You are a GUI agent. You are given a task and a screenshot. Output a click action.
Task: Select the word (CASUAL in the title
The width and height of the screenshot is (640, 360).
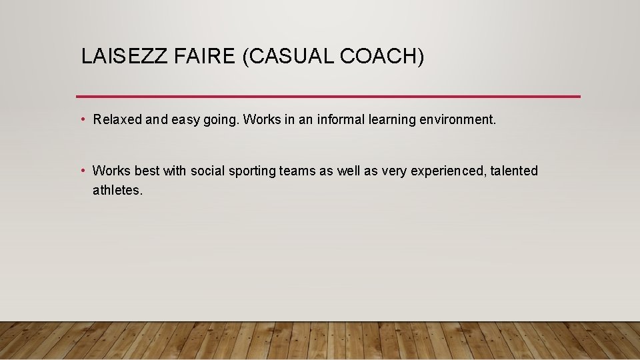(288, 57)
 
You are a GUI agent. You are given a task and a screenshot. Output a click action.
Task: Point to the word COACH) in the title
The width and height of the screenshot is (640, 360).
(382, 57)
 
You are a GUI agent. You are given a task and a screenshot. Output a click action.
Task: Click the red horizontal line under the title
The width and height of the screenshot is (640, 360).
(328, 96)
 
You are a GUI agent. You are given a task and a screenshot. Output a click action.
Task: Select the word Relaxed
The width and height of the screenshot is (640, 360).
(118, 120)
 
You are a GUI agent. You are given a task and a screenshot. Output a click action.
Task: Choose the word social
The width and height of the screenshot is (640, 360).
(208, 171)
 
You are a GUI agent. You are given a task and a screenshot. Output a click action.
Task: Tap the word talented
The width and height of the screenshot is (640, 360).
(514, 171)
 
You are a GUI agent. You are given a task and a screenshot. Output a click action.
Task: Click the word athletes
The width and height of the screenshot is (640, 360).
(117, 191)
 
